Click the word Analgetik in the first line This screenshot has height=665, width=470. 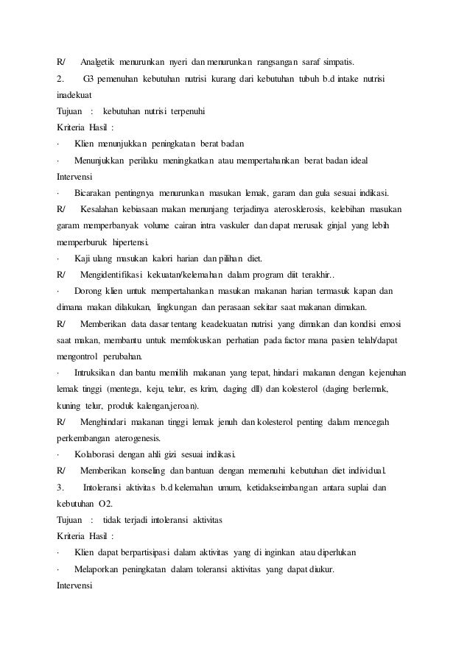(99, 60)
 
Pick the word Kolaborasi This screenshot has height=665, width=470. (96, 454)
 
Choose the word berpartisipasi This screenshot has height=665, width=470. (152, 555)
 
